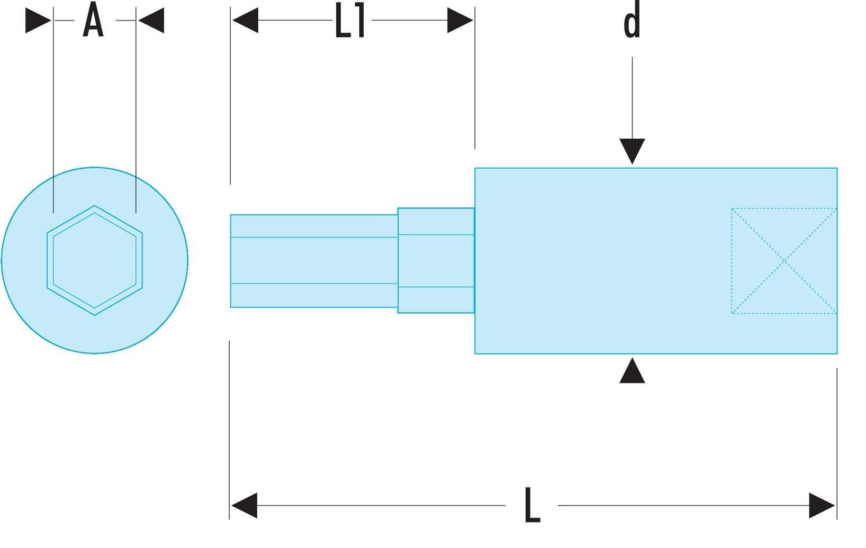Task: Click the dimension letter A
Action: point(93,20)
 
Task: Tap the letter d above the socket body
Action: point(632,20)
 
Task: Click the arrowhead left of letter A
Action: point(38,21)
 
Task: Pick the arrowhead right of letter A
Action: point(151,21)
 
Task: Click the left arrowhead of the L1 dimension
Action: point(245,20)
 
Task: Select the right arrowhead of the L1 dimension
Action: point(460,20)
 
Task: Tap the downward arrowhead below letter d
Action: point(632,151)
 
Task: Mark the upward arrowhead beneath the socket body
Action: point(632,370)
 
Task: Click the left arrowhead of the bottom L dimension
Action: point(244,505)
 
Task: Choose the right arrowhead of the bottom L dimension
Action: point(822,505)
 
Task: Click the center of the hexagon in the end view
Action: point(95,260)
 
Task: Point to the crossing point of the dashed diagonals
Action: point(784,261)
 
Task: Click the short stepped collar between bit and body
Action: point(436,260)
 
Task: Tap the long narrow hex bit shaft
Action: point(314,261)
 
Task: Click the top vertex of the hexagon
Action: point(95,206)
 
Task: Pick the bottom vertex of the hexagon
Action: point(95,315)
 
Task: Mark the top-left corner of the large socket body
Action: point(475,168)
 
